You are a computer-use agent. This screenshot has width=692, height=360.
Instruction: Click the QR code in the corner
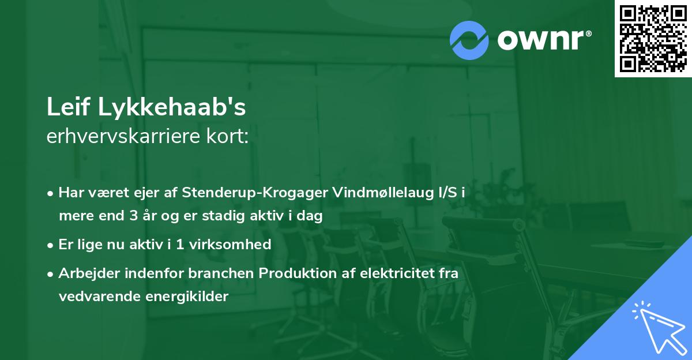pyautogui.click(x=653, y=39)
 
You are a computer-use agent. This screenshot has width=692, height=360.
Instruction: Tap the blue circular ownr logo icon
pyautogui.click(x=469, y=40)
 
